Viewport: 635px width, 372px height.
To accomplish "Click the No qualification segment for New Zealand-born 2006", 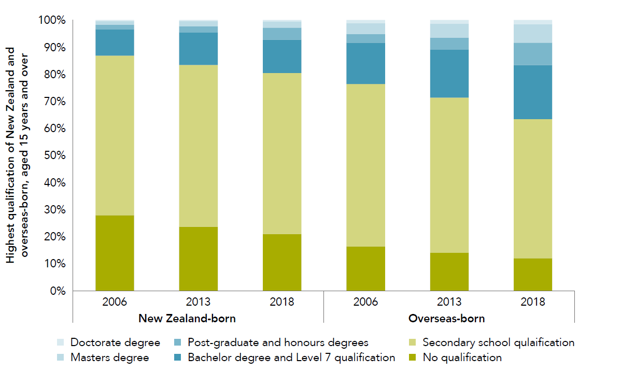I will [x=115, y=253].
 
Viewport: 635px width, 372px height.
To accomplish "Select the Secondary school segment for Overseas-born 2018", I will [x=533, y=189].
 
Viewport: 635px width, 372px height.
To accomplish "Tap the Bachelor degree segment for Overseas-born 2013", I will [x=449, y=74].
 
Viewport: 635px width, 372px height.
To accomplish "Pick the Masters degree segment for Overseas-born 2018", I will [x=533, y=34].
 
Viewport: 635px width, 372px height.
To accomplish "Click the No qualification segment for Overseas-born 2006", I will [x=365, y=268].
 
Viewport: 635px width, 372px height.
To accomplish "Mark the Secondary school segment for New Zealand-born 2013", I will [x=199, y=146].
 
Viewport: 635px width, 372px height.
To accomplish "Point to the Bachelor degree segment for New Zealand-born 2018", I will [x=282, y=56].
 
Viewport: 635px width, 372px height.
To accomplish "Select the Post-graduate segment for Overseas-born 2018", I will [x=533, y=54].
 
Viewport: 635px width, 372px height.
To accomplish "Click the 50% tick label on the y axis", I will [x=52, y=155].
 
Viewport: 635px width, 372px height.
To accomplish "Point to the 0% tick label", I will [x=55, y=291].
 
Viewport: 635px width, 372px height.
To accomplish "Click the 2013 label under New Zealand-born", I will [x=199, y=302].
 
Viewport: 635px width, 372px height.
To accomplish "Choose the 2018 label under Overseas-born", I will [x=533, y=302].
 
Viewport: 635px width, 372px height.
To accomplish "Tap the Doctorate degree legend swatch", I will [x=61, y=342].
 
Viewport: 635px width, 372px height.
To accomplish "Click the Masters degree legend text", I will [x=109, y=357].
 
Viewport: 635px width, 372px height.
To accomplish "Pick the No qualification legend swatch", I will [x=413, y=357].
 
